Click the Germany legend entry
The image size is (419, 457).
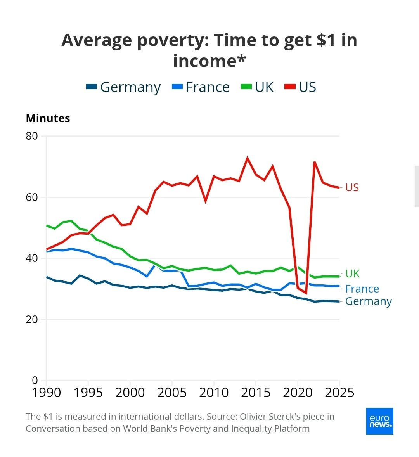123,87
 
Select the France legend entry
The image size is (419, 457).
201,87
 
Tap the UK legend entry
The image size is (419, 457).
258,87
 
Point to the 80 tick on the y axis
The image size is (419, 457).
32,136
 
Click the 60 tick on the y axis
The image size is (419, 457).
32,197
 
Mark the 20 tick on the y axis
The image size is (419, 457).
32,319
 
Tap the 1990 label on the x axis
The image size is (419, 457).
47,393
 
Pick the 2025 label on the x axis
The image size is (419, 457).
339,393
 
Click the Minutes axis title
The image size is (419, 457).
48,118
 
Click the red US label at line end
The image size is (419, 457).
352,188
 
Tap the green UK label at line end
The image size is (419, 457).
352,274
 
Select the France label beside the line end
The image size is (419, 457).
362,289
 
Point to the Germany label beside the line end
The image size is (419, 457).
368,301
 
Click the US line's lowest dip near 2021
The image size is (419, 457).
306,293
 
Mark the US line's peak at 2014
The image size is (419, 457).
247,158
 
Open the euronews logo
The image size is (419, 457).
379,421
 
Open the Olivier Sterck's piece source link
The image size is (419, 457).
287,417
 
